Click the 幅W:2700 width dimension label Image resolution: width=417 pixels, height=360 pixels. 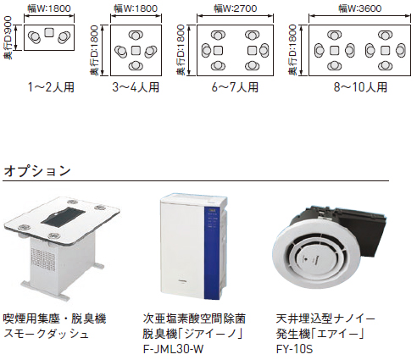point(236,8)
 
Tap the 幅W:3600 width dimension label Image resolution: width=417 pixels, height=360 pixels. point(359,8)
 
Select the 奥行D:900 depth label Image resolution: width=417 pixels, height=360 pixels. point(8,37)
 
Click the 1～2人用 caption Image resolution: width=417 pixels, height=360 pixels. point(51,87)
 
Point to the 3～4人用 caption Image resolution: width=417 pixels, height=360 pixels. point(136,87)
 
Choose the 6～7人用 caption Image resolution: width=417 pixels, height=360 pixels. point(235,87)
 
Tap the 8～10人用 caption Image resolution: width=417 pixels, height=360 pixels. point(360,87)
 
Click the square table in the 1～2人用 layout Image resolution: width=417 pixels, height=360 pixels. point(49,32)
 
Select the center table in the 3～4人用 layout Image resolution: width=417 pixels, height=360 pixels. point(136,51)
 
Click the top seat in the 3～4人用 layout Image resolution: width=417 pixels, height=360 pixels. point(136,36)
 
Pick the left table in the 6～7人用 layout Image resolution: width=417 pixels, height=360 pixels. point(218,51)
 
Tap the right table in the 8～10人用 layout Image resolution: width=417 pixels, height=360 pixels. point(385,51)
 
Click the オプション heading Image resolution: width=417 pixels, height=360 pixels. point(37,171)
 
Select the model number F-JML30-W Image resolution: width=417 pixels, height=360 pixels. point(173,349)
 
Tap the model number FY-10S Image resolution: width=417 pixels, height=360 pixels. point(294,349)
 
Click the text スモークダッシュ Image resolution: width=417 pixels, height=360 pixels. point(46,334)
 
